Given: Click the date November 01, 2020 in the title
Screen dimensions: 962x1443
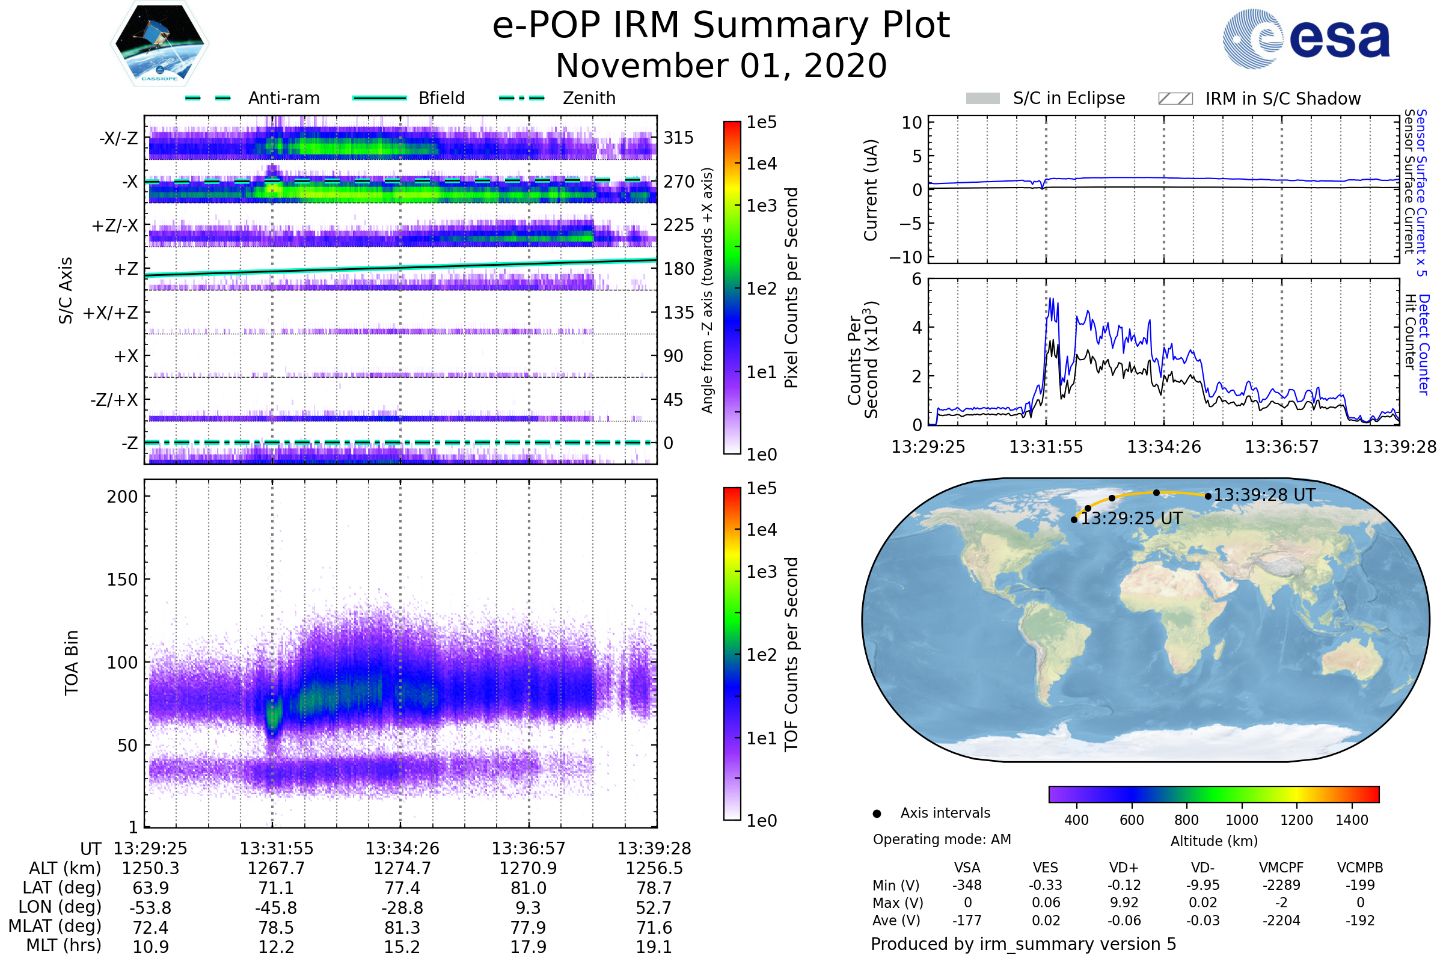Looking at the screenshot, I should point(721,66).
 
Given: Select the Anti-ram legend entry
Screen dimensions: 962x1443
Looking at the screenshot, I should point(283,98).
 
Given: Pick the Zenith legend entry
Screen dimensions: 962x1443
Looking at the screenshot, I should point(589,98).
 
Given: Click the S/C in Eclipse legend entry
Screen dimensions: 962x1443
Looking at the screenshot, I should point(1068,98).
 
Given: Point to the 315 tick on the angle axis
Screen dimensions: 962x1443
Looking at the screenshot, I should point(678,138).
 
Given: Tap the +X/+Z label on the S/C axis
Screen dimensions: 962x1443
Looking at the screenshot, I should point(111,313).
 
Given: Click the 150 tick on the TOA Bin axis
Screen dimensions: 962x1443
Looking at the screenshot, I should point(122,580).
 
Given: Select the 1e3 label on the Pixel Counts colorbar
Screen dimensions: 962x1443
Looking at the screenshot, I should point(761,206).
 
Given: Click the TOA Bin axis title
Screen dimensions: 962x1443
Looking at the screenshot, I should point(71,662).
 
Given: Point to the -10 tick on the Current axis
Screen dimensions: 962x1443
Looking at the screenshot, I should point(905,257).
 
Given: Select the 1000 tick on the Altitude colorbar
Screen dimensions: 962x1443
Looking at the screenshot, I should point(1241,820).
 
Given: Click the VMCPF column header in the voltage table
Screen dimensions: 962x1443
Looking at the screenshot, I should point(1281,868).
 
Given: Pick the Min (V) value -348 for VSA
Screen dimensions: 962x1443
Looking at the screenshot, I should point(967,885).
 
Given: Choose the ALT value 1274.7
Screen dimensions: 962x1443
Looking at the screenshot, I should point(402,868).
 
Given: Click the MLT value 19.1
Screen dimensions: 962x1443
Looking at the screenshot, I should point(654,946).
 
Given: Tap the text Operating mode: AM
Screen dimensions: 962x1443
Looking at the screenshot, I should point(942,839).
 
